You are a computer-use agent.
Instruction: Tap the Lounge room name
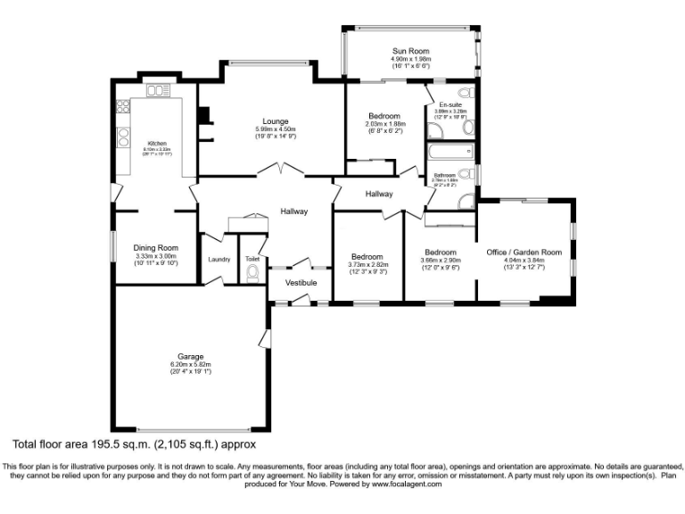pos(275,120)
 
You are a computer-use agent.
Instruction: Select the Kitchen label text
pos(157,143)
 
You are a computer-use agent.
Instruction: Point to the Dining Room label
pos(156,247)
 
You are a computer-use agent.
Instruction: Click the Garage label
pos(190,356)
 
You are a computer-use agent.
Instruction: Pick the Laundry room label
pos(219,260)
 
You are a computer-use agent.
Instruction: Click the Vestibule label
pos(301,283)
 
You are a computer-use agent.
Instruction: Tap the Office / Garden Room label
pos(524,253)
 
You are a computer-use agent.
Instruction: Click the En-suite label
pos(450,104)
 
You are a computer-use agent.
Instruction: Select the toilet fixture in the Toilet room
pos(252,273)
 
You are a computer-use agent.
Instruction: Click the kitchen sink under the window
pos(159,90)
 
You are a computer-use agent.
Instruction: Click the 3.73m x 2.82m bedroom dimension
pos(367,264)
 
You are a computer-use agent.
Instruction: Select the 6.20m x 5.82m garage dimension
pos(190,364)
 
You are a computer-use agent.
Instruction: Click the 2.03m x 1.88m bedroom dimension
pos(384,125)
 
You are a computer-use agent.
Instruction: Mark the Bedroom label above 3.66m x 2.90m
pos(440,252)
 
